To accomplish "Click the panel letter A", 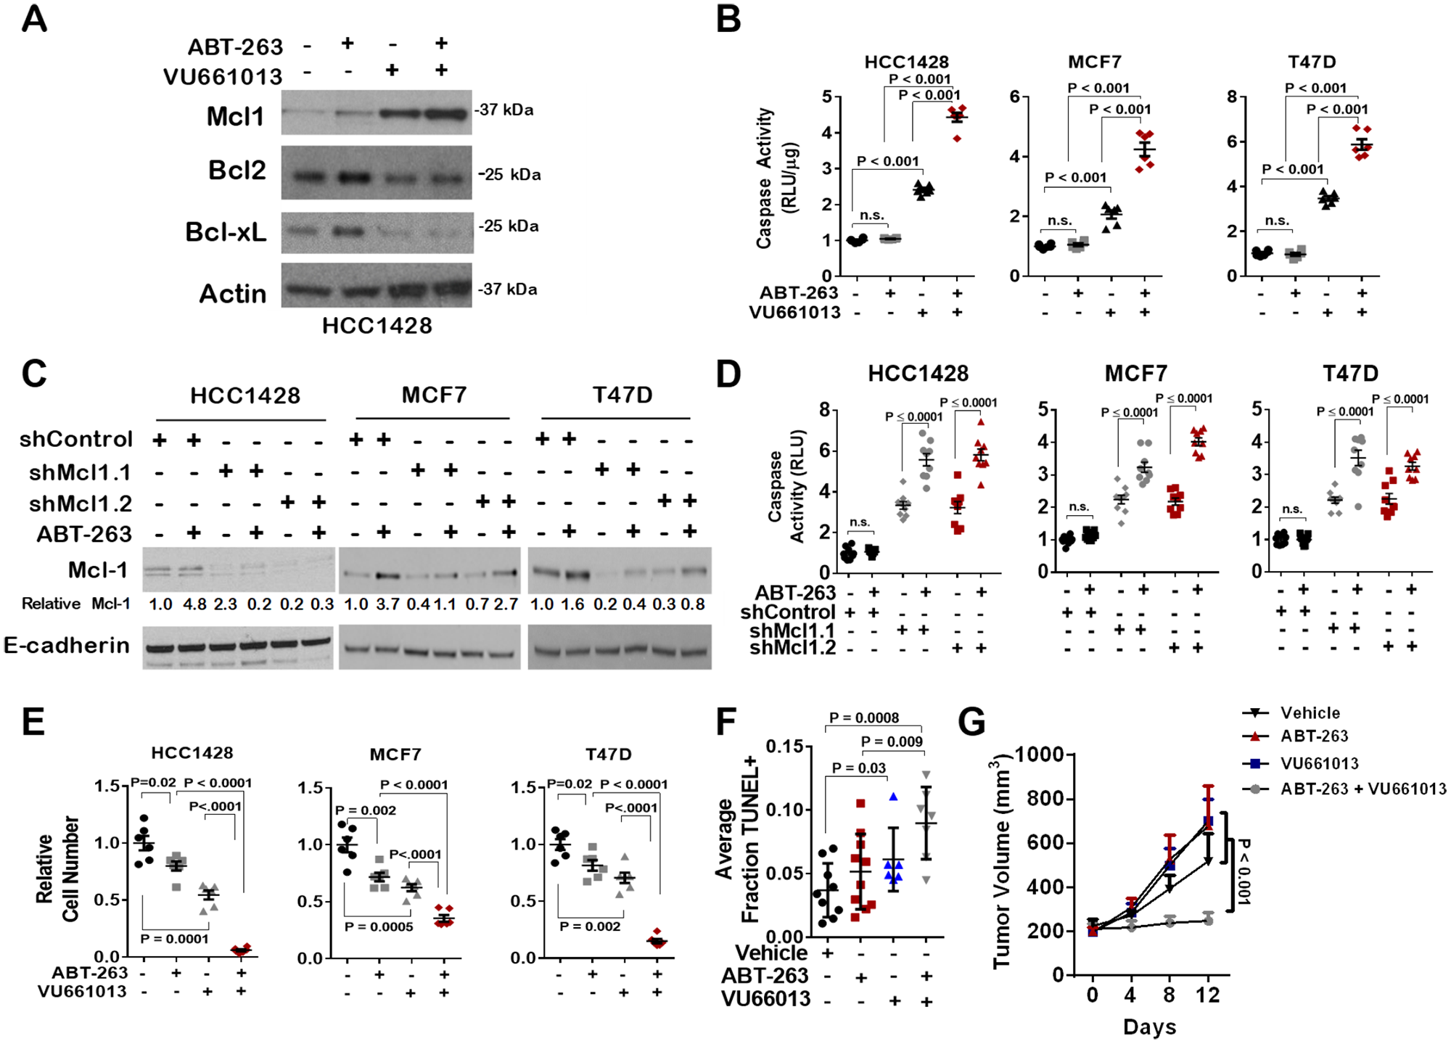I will [x=34, y=20].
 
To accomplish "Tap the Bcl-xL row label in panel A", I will [x=226, y=232].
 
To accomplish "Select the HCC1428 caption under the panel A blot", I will [x=377, y=326].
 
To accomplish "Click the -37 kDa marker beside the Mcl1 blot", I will [x=504, y=110].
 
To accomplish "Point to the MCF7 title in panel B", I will [x=1094, y=62].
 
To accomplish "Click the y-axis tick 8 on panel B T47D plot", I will [x=1231, y=96].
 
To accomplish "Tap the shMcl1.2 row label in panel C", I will [x=81, y=503].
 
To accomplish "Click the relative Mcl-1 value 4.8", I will [x=194, y=604].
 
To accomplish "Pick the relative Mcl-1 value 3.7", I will [x=387, y=604].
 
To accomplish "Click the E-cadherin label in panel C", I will [x=67, y=645].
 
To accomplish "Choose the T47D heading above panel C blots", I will [x=622, y=395].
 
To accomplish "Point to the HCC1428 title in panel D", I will [x=918, y=374].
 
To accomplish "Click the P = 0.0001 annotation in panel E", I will [x=174, y=939].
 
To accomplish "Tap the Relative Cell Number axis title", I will [x=57, y=869].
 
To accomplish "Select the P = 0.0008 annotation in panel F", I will [x=863, y=718].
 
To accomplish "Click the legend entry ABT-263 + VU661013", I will [x=1362, y=789].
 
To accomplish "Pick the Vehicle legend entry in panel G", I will [x=1310, y=712].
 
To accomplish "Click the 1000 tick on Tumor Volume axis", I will [x=1039, y=755].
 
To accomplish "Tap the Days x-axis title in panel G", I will [x=1149, y=1027].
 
